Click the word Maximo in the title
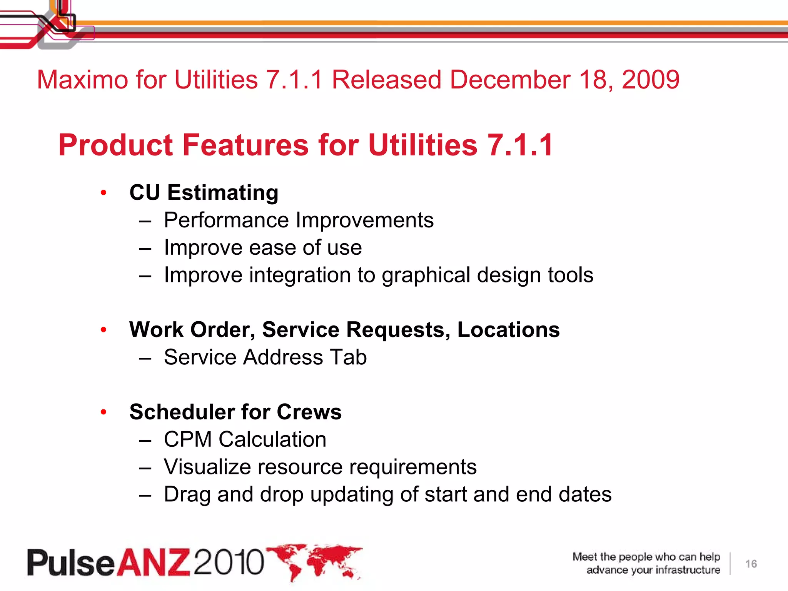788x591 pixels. point(82,80)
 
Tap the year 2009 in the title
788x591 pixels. point(650,80)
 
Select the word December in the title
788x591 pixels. point(509,80)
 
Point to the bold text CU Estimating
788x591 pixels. point(204,192)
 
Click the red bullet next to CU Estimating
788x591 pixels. point(103,193)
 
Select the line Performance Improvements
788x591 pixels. point(299,220)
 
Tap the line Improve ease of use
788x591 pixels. point(263,247)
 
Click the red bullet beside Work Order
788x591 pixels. point(103,330)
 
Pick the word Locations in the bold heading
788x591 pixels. point(508,330)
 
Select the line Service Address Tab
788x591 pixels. point(265,357)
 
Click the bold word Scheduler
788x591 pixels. point(181,412)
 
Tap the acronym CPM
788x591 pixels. point(187,439)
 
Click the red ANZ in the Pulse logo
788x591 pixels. point(153,563)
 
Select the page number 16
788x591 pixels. point(751,564)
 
